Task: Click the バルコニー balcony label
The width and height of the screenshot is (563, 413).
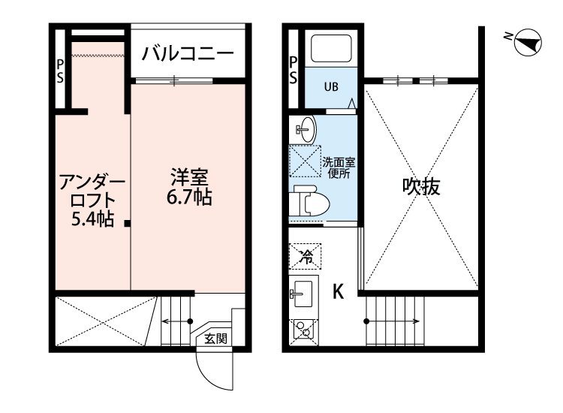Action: (x=188, y=54)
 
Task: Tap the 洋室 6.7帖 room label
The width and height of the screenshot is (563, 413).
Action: (x=189, y=186)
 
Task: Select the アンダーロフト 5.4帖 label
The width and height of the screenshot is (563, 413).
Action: (x=92, y=200)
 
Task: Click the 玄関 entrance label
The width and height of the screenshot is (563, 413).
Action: (x=215, y=339)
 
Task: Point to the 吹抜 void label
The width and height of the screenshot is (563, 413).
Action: (x=421, y=186)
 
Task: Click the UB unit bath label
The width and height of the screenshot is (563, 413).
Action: (x=331, y=87)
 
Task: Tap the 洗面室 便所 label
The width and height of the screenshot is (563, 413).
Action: (x=339, y=167)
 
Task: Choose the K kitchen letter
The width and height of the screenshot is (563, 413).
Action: (x=339, y=291)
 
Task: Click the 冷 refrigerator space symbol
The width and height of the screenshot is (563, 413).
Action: (x=306, y=256)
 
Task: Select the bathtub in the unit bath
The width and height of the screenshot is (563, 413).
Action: (x=331, y=49)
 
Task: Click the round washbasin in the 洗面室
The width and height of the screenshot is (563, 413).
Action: (x=307, y=129)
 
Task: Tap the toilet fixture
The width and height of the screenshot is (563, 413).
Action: (x=311, y=201)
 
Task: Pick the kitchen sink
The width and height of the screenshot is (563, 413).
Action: (x=303, y=294)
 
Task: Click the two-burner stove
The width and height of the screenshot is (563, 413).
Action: (x=303, y=329)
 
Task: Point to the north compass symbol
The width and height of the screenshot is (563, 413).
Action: (x=527, y=42)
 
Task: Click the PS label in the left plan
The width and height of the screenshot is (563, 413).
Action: (x=60, y=71)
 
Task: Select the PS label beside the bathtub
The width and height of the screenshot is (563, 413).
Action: (x=294, y=71)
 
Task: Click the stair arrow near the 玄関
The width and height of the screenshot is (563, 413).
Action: (x=176, y=321)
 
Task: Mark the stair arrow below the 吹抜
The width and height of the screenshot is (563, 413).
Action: (x=392, y=321)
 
